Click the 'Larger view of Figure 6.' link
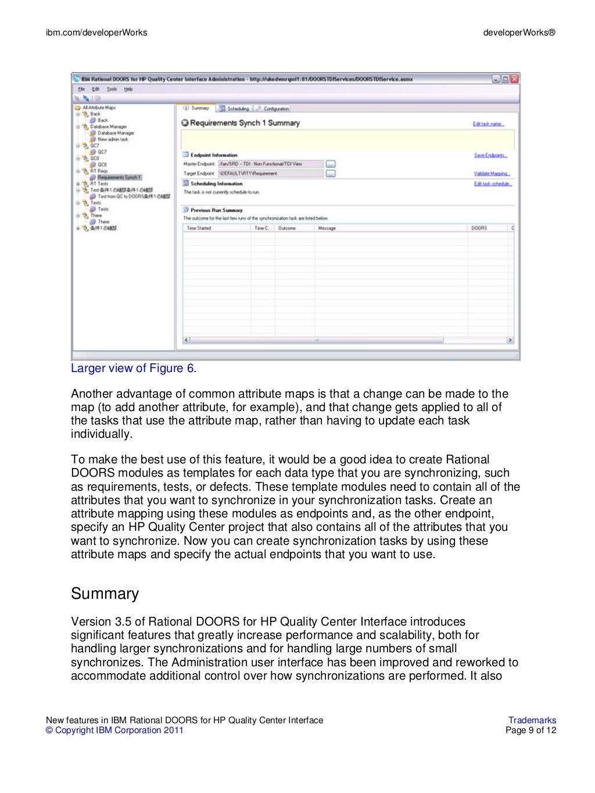click(x=134, y=369)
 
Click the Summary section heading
click(x=105, y=594)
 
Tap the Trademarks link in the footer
click(x=532, y=720)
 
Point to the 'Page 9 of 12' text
click(x=531, y=731)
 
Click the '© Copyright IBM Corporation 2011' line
click(x=114, y=731)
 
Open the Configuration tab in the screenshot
click(x=273, y=109)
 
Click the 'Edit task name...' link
click(x=488, y=124)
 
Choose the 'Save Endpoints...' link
click(x=490, y=155)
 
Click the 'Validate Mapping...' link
click(x=492, y=173)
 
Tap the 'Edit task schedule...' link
click(x=493, y=184)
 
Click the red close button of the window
click(x=515, y=79)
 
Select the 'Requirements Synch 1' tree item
click(x=119, y=177)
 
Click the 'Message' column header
click(x=327, y=228)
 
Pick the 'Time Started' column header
click(x=199, y=228)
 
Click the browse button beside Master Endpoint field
click(x=330, y=164)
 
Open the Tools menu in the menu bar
click(x=112, y=89)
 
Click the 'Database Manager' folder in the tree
click(x=108, y=127)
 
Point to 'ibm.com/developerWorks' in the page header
click(x=96, y=33)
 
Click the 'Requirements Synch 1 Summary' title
click(x=244, y=123)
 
